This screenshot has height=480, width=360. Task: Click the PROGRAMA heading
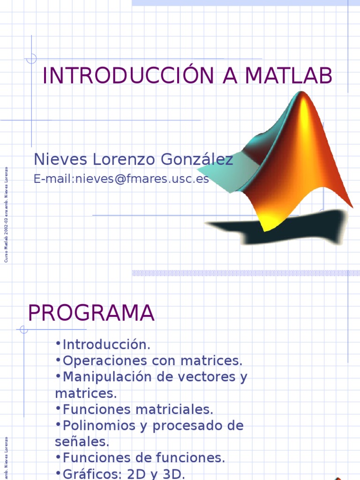pyautogui.click(x=91, y=313)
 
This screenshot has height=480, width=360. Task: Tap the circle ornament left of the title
pyautogui.click(x=31, y=59)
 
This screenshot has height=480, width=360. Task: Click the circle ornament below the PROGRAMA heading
pyautogui.click(x=23, y=330)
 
